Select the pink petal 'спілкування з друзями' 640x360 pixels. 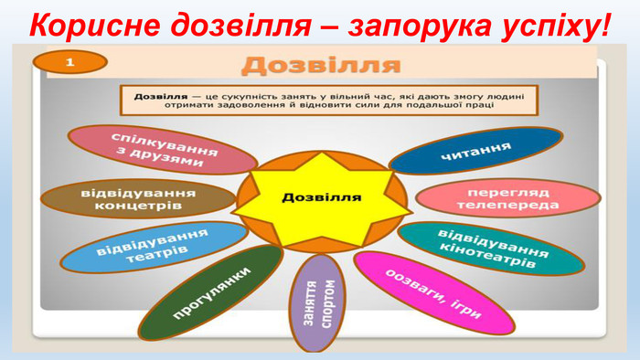pos(162,150)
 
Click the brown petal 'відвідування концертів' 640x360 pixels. pos(138,199)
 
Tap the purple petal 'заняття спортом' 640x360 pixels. pos(321,303)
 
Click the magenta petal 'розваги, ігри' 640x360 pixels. pos(421,291)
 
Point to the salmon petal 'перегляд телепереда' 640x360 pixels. pos(507,199)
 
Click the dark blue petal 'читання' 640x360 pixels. pos(475,151)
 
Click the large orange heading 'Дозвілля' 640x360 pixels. pos(321,65)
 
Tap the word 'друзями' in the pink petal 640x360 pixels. pos(171,160)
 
